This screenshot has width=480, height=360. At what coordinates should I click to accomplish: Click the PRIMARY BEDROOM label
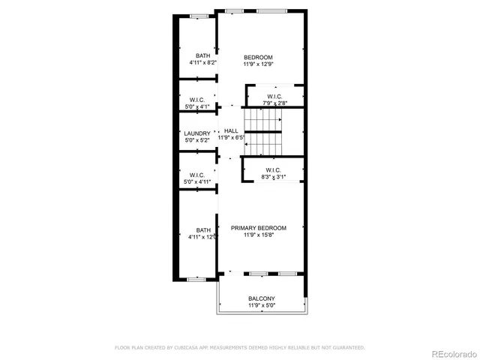258,228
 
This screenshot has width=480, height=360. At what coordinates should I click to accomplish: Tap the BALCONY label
262,298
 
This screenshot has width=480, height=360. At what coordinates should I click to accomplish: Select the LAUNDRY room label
197,133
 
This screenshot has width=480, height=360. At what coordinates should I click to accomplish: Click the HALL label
231,130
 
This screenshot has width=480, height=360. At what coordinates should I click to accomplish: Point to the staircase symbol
265,131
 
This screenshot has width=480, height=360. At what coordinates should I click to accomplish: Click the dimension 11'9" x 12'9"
258,64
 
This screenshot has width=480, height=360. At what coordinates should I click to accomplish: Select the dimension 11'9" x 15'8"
258,235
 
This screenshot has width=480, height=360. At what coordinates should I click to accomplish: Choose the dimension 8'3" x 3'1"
273,176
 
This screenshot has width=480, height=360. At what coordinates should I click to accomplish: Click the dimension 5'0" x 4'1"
197,107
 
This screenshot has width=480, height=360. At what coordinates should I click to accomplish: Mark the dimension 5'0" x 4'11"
197,181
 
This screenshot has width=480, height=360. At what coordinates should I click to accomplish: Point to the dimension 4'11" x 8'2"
203,62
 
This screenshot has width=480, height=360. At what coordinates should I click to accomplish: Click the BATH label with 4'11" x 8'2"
203,55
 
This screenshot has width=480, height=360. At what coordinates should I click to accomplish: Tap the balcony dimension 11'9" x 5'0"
262,305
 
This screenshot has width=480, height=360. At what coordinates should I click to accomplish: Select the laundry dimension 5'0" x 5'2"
197,140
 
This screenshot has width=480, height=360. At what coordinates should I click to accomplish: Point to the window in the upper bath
198,16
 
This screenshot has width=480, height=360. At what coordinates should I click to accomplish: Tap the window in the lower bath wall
196,279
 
